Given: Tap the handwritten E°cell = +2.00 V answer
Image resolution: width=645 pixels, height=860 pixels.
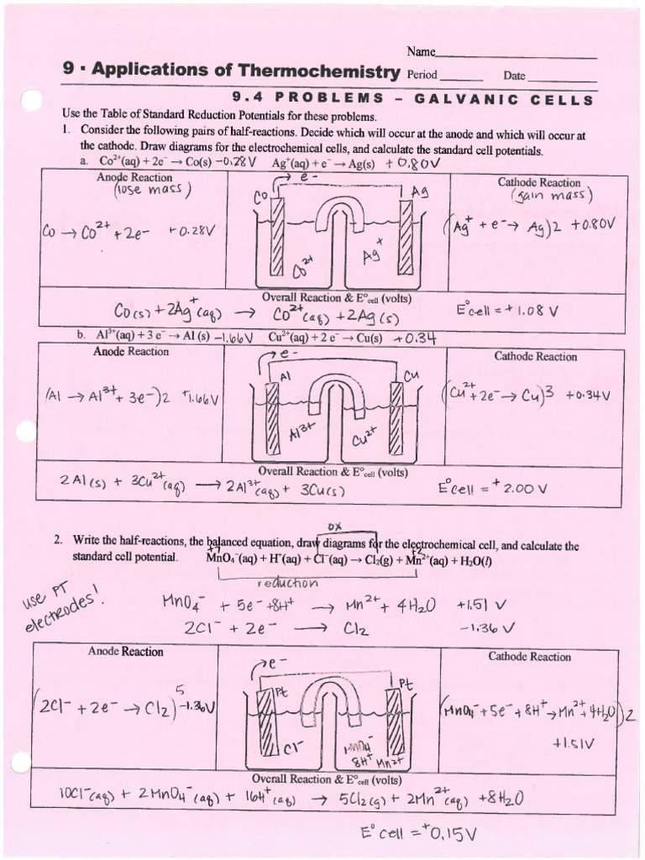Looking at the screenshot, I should [493, 488].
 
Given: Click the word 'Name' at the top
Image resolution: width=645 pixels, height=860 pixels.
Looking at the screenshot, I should [421, 52].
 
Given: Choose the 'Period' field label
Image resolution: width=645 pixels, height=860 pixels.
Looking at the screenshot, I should [422, 75].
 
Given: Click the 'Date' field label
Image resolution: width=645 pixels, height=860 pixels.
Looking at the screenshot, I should [514, 76].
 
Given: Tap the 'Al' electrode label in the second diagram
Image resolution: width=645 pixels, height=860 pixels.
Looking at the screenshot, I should [286, 377].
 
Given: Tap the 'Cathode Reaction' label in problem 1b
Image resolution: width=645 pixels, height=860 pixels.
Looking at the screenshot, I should [535, 356].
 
